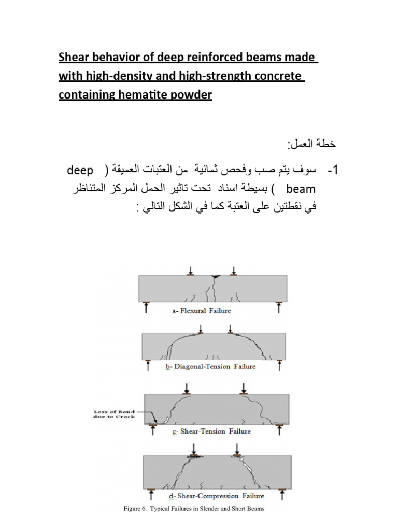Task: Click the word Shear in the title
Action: click(x=73, y=57)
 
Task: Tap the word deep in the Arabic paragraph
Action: click(x=80, y=171)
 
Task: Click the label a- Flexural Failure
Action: click(x=201, y=311)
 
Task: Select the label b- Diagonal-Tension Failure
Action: click(x=210, y=367)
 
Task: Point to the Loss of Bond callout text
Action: click(x=110, y=413)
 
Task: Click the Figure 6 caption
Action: click(x=194, y=509)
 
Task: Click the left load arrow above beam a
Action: click(x=191, y=270)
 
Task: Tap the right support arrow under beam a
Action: click(x=279, y=308)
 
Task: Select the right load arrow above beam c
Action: click(x=244, y=388)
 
